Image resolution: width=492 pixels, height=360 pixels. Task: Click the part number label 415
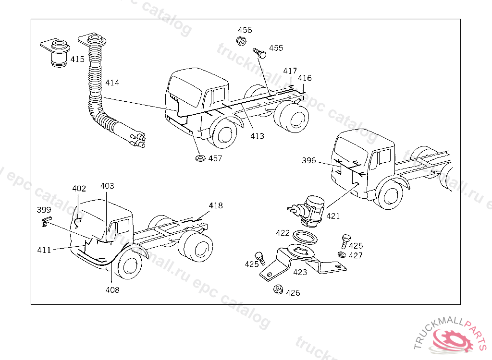pyautogui.click(x=77, y=60)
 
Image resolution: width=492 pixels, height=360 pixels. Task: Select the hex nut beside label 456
pyautogui.click(x=242, y=40)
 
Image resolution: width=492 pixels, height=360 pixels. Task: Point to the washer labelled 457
pyautogui.click(x=199, y=157)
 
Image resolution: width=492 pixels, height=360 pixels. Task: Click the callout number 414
pyautogui.click(x=112, y=83)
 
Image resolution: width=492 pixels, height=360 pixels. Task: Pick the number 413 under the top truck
pyautogui.click(x=257, y=136)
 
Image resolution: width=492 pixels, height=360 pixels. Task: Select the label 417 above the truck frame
pyautogui.click(x=290, y=71)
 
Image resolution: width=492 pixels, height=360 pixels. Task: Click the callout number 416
pyautogui.click(x=305, y=78)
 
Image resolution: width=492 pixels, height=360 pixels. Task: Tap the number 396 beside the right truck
pyautogui.click(x=309, y=160)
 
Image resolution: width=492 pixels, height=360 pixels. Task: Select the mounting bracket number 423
pyautogui.click(x=300, y=271)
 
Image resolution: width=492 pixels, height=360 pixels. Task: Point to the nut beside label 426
pyautogui.click(x=277, y=289)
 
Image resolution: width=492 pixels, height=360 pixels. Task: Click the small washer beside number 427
pyautogui.click(x=342, y=254)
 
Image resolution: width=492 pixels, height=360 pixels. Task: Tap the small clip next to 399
pyautogui.click(x=45, y=221)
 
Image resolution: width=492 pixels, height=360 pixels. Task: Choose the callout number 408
pyautogui.click(x=112, y=290)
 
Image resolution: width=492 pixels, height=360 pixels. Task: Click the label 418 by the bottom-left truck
pyautogui.click(x=216, y=205)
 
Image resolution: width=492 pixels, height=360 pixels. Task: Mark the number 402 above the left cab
pyautogui.click(x=79, y=189)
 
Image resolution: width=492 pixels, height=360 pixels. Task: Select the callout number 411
pyautogui.click(x=44, y=250)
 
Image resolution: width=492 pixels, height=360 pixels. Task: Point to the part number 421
pyautogui.click(x=333, y=216)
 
